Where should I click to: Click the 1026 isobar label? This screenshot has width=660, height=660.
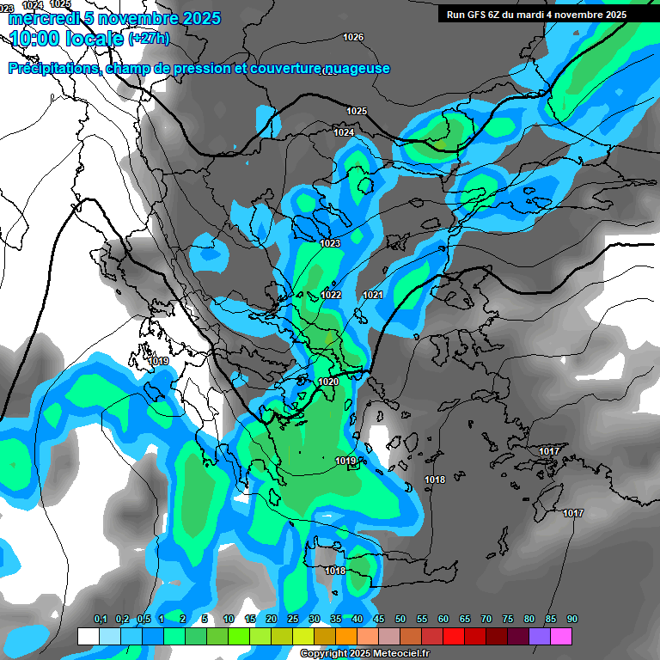tap(353, 37)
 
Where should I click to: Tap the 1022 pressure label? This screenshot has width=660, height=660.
tap(332, 295)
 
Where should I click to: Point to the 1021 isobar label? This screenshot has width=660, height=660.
tap(373, 295)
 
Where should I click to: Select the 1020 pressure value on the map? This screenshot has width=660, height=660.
tap(328, 382)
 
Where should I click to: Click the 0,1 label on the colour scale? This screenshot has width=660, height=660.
tap(101, 620)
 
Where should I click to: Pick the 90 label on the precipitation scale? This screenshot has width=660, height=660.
tap(572, 620)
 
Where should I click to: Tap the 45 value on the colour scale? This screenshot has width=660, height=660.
tap(379, 620)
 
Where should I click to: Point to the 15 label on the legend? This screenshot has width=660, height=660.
tap(250, 620)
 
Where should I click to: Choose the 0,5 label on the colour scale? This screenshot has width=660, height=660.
tap(143, 620)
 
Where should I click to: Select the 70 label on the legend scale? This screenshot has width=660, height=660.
tap(486, 620)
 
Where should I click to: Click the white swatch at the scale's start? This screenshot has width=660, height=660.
tap(88, 636)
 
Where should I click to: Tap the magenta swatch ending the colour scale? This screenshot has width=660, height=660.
tap(561, 636)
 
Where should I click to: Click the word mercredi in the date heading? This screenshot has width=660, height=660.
tap(42, 18)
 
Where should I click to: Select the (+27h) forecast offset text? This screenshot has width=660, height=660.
tap(149, 39)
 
